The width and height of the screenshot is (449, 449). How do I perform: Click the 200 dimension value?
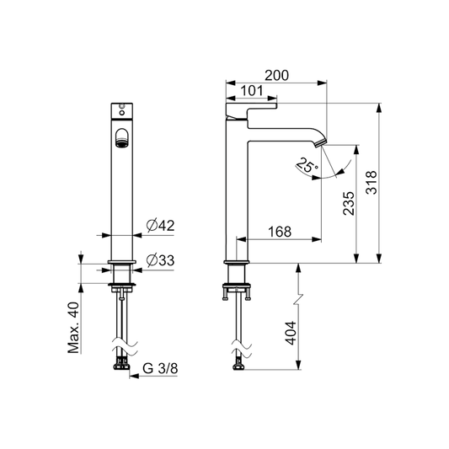[276, 76]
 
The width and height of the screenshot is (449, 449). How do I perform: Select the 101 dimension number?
[251, 91]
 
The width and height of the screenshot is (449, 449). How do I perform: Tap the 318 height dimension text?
[371, 183]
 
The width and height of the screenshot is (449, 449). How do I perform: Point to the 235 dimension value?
[349, 203]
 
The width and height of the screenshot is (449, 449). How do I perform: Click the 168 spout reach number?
[280, 232]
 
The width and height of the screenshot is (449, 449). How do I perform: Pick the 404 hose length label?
[291, 333]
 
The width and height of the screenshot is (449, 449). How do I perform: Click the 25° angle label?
[307, 165]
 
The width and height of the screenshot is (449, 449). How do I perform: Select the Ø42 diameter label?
[160, 226]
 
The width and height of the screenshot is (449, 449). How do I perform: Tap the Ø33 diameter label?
[160, 260]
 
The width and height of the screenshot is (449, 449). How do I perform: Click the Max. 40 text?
[73, 328]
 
